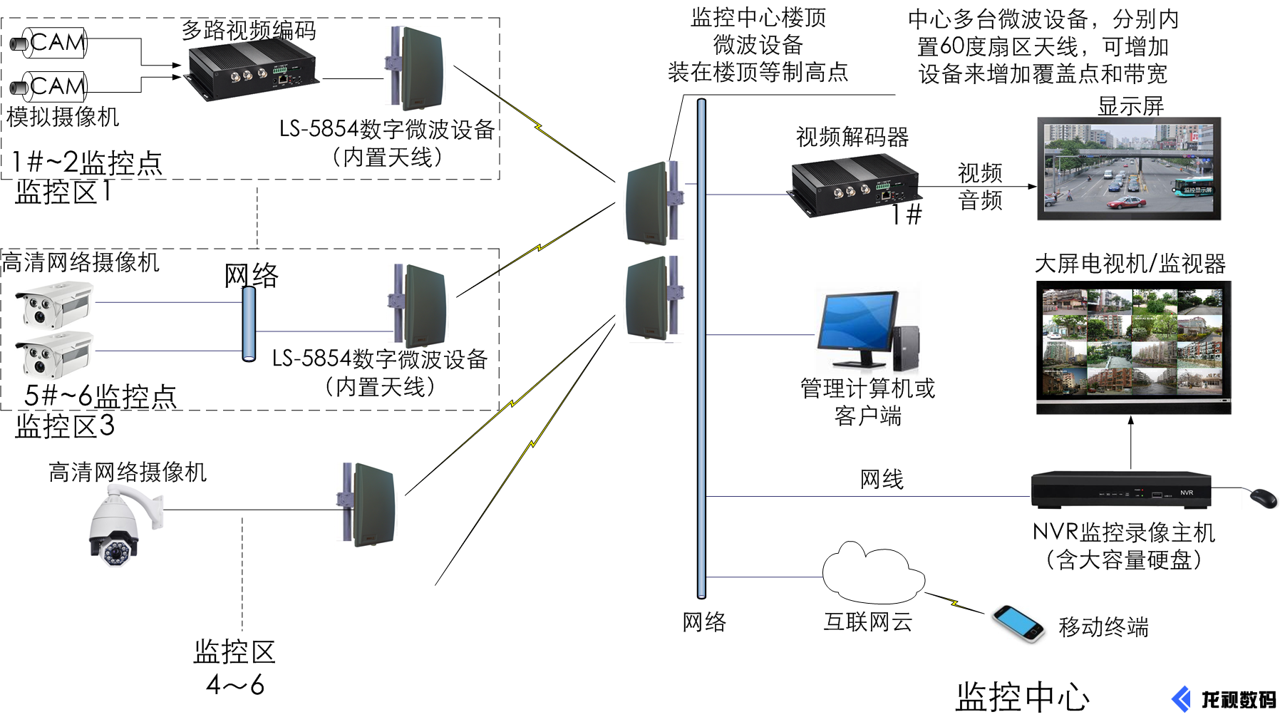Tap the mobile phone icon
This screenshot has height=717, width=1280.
(x=1018, y=623)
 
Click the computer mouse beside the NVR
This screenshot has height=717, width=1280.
(x=1264, y=498)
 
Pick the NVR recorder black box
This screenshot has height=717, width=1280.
(x=1121, y=490)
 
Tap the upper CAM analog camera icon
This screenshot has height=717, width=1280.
(x=50, y=43)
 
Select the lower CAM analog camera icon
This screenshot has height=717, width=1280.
(x=50, y=87)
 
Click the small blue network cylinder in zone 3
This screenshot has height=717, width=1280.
(x=249, y=324)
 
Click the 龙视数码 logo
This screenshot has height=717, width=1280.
(x=1224, y=699)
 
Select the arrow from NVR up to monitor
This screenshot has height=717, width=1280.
(x=1131, y=442)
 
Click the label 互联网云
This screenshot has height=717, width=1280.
(x=867, y=621)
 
